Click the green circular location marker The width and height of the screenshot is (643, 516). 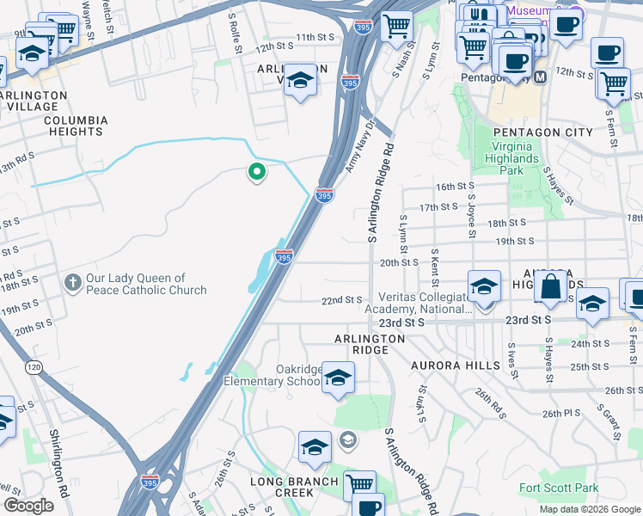256,173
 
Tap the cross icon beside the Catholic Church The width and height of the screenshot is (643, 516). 73,282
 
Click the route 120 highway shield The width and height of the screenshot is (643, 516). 34,367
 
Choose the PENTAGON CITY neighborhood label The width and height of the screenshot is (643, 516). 542,132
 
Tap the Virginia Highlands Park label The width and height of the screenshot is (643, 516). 523,158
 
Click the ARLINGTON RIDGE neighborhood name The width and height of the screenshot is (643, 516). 370,340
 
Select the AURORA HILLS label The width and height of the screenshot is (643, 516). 455,365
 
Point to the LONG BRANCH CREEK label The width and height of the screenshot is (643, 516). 294,487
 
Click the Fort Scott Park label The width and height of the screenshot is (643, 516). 559,488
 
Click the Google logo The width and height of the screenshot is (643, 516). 30,506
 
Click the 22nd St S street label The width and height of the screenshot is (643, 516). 341,300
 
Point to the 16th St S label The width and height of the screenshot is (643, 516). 456,187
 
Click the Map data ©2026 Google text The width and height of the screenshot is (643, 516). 589,509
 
